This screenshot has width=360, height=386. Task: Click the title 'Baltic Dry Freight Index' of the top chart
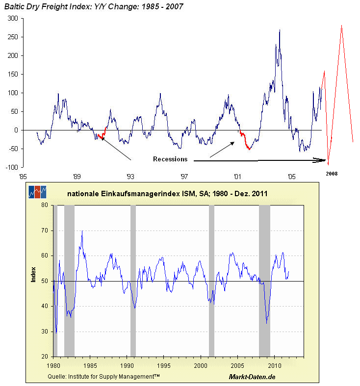[47, 6]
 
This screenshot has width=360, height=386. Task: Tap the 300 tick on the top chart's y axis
[12, 18]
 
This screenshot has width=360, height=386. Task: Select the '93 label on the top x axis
[130, 176]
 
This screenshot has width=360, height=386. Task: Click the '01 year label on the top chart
[238, 176]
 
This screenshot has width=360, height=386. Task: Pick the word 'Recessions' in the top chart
[170, 159]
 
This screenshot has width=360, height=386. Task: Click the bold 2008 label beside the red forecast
[332, 174]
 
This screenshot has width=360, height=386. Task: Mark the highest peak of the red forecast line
[341, 26]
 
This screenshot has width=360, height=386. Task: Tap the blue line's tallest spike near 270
[280, 30]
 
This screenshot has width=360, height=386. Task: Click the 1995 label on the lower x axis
[164, 365]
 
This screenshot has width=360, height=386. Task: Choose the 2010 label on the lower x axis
[274, 365]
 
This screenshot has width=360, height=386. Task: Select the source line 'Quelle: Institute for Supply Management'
[103, 376]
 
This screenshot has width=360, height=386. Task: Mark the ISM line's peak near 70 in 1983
[82, 231]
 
